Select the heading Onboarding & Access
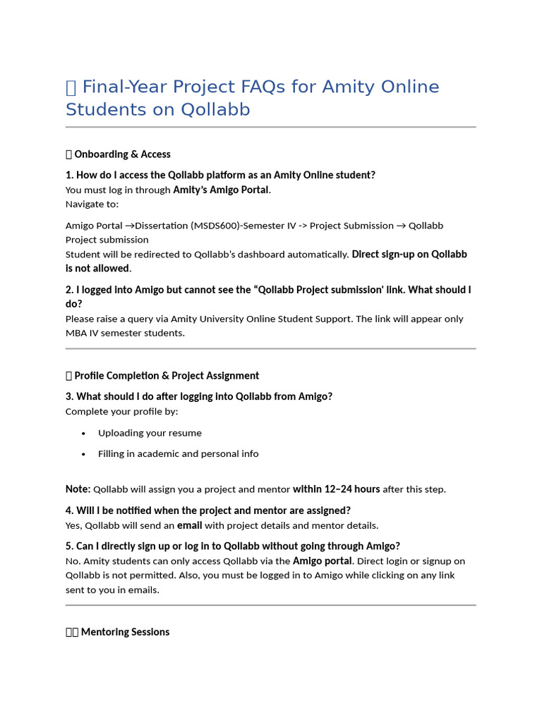(122, 154)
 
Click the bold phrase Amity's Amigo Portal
(221, 190)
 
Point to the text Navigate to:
(92, 204)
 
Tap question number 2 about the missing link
(268, 296)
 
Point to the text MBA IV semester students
(125, 333)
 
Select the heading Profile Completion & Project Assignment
(167, 376)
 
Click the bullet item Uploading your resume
(150, 433)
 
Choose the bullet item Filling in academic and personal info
(178, 453)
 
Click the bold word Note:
(78, 489)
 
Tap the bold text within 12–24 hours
(336, 489)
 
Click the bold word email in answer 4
(190, 525)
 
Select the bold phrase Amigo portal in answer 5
(323, 561)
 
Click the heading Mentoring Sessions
(125, 632)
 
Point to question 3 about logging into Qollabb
(199, 396)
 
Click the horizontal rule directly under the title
(271, 128)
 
